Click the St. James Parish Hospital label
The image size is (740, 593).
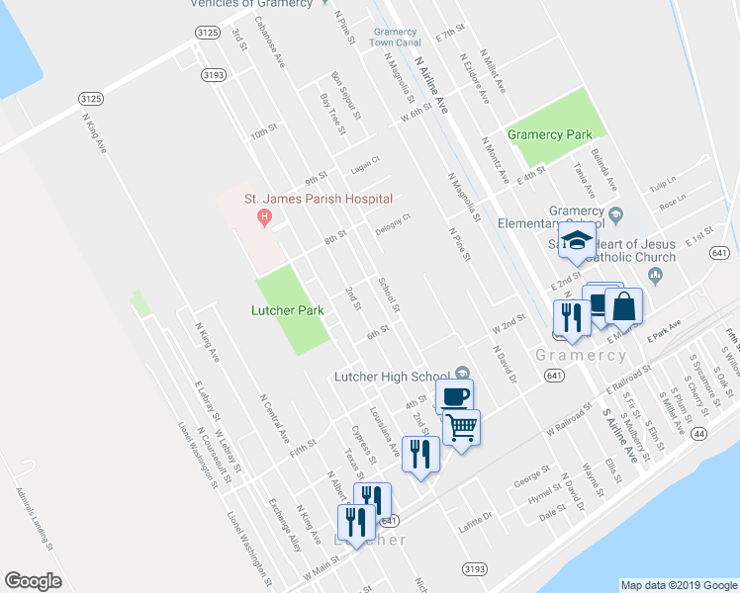click(319, 199)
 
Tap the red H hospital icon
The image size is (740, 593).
click(264, 217)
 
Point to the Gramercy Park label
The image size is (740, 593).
click(549, 134)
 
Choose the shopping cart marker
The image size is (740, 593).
click(461, 427)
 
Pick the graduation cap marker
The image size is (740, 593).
click(575, 241)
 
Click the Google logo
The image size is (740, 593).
click(32, 581)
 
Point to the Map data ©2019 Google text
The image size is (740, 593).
click(678, 585)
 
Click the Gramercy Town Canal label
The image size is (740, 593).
click(396, 37)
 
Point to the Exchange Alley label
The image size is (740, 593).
click(284, 523)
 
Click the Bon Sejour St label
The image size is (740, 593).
click(348, 91)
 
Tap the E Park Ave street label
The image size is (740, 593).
click(665, 329)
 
